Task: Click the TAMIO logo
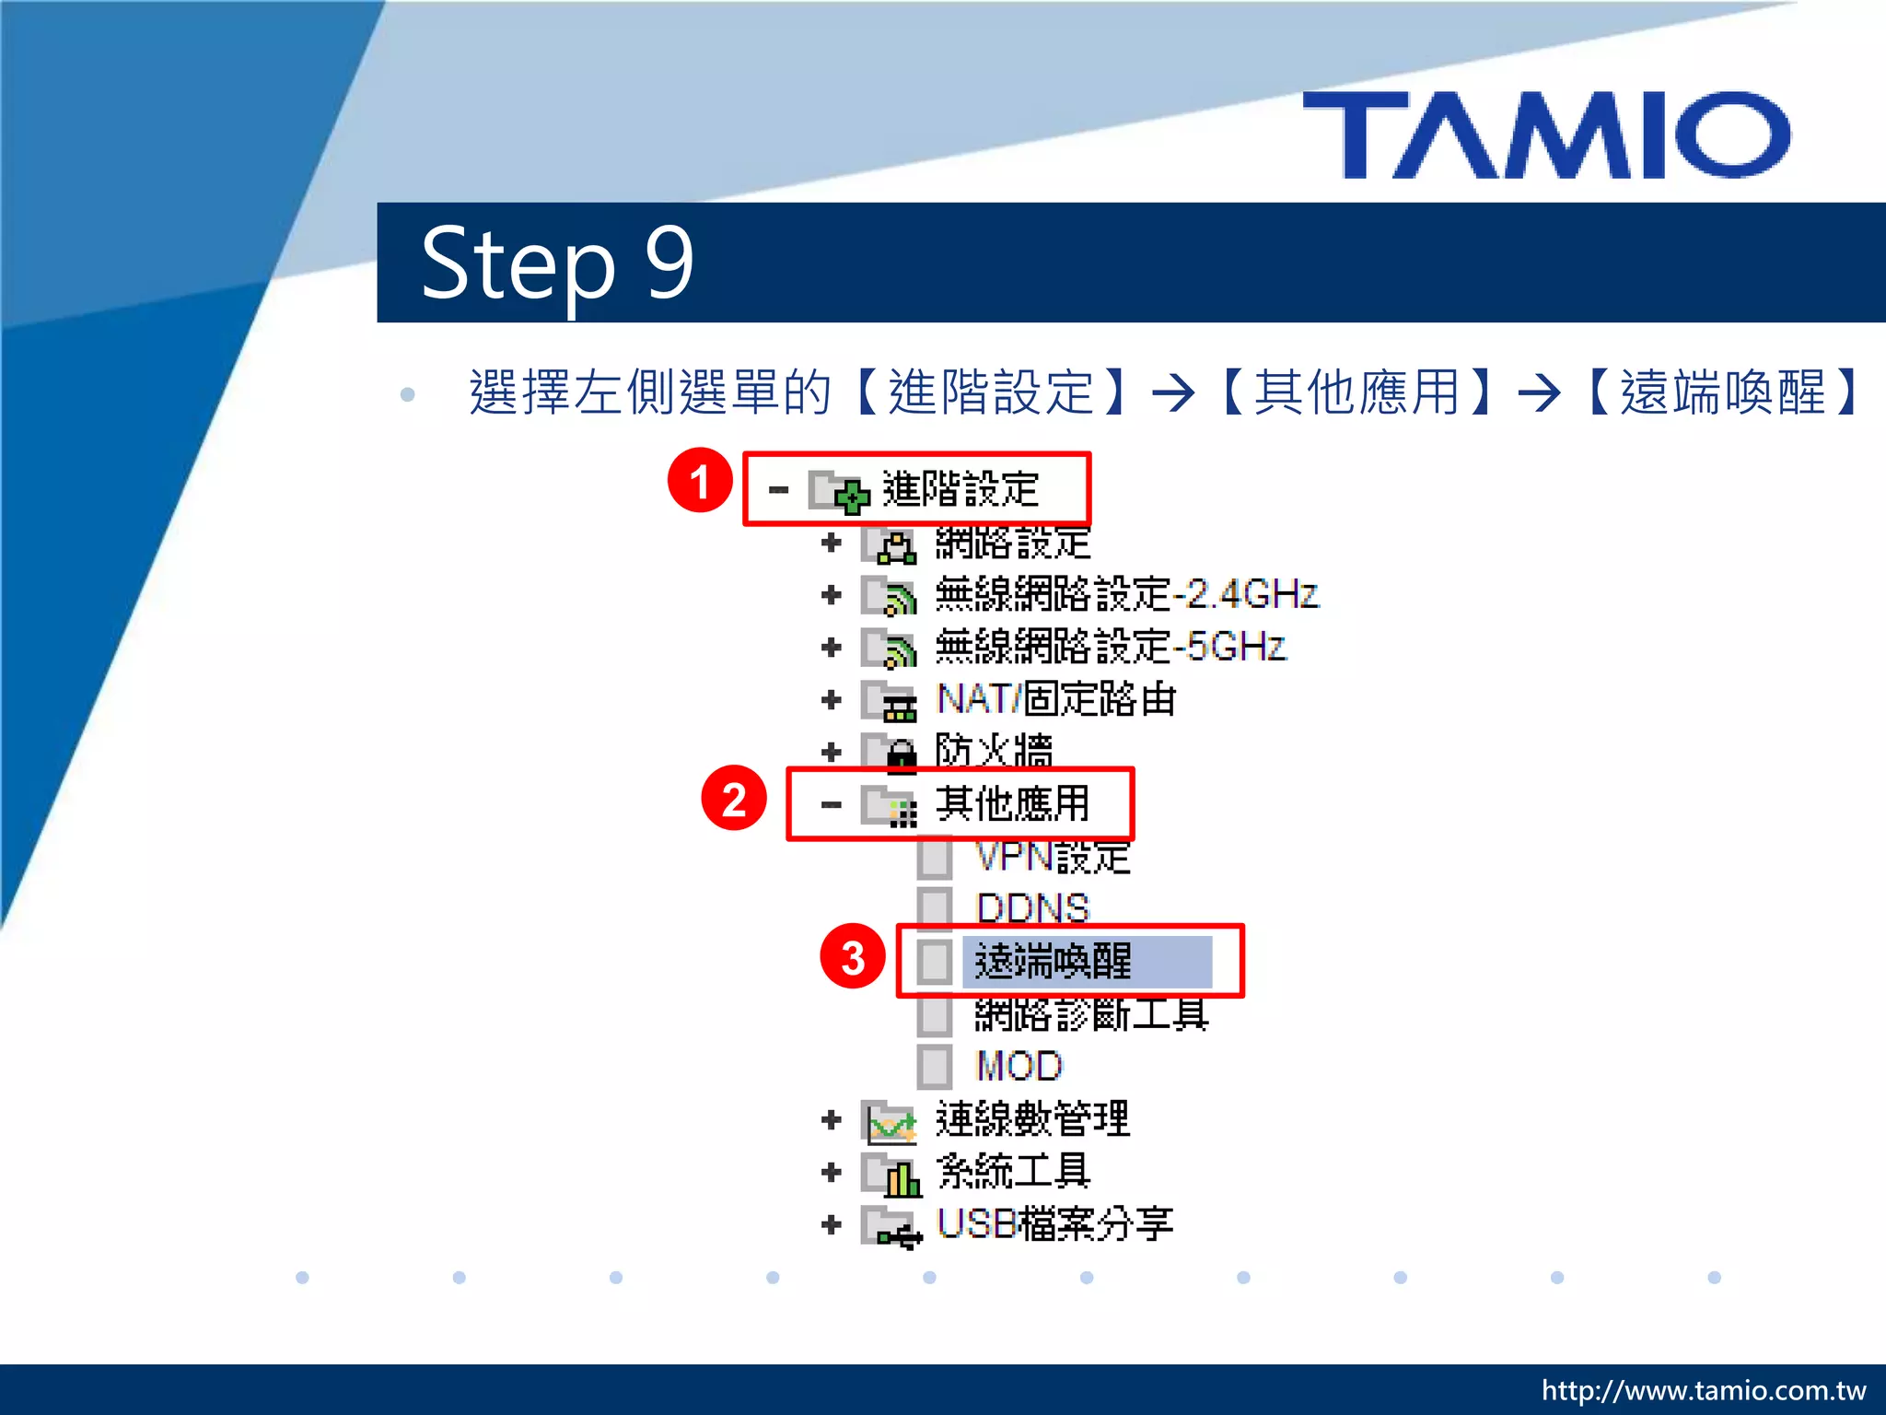coord(1546,134)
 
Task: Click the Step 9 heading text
coord(556,263)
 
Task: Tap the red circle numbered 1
coord(700,481)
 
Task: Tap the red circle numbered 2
coord(733,799)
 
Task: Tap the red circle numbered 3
coord(852,957)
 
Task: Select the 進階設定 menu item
coord(960,489)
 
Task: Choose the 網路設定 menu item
coord(1011,543)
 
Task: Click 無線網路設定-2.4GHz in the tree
coord(1125,594)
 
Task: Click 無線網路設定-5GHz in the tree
coord(1109,647)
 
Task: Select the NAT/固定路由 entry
coord(1055,699)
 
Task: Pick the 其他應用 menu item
coord(1011,803)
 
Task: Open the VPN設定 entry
coord(1052,857)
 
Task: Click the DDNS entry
coord(1031,908)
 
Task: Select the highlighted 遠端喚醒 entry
coord(1054,961)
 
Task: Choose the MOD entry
coord(1019,1066)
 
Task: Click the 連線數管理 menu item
coord(1031,1119)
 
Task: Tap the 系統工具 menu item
coord(1013,1172)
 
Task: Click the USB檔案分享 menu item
coord(1054,1224)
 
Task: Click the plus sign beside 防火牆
coord(831,753)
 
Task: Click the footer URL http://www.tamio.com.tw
coord(1703,1390)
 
